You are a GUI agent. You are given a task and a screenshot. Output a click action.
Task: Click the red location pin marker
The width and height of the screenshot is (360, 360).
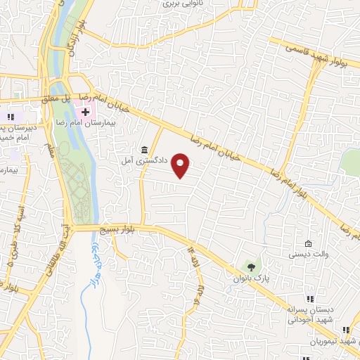tap(181, 166)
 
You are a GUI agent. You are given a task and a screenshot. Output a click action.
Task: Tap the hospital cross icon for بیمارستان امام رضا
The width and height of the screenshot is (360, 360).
tap(86, 111)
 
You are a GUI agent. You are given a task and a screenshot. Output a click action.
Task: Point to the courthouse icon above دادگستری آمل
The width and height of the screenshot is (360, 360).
tap(144, 150)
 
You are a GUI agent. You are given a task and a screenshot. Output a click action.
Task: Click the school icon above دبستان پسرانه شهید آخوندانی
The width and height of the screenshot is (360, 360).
tap(310, 300)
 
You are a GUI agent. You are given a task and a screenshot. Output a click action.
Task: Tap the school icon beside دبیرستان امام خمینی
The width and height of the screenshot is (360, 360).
tap(9, 116)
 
